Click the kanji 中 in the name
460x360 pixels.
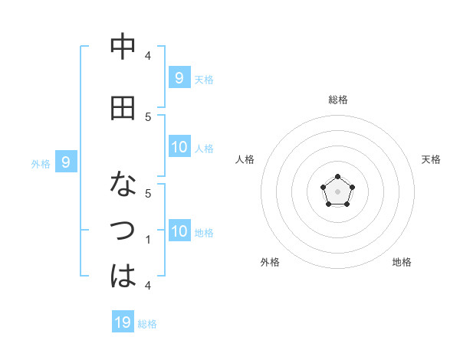123,47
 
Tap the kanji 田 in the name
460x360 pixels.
123,110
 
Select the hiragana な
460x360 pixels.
123,185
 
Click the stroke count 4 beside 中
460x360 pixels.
148,55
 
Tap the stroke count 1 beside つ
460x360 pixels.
148,240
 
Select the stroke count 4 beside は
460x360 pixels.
148,285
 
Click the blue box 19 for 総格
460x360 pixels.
123,322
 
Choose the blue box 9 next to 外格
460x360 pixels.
66,162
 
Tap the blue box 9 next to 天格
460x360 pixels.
179,77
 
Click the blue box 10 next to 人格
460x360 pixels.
179,147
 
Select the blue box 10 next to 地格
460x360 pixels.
179,232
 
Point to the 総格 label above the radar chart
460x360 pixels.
338,100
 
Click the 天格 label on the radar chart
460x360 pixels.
431,159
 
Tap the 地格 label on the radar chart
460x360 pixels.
402,262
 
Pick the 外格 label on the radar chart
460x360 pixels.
270,262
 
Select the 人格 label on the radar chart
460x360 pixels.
245,159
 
